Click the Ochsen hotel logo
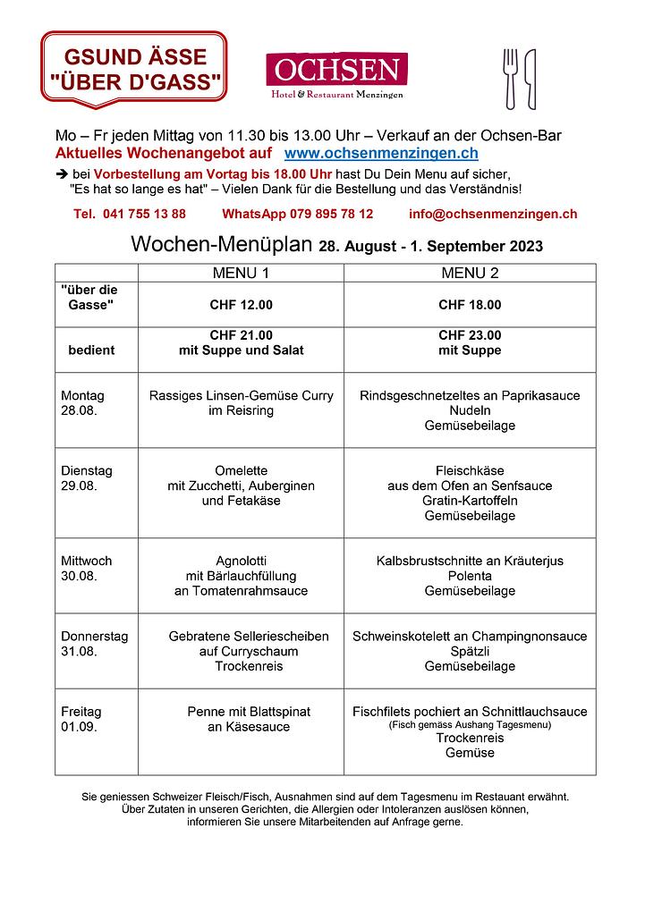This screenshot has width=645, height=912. (x=336, y=75)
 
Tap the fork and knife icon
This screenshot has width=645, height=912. (x=520, y=79)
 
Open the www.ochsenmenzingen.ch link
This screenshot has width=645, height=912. (x=381, y=154)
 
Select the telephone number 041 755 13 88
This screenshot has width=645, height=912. (x=131, y=215)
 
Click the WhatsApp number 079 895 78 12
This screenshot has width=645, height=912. (x=298, y=215)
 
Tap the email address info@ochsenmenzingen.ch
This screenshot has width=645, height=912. (x=493, y=215)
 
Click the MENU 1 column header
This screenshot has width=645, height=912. (x=241, y=273)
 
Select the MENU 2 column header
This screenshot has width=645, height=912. (x=470, y=273)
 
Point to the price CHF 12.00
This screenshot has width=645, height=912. (x=241, y=305)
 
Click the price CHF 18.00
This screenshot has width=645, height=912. (x=470, y=305)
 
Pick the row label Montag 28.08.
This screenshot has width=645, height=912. (x=82, y=403)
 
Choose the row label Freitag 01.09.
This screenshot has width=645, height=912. (x=81, y=719)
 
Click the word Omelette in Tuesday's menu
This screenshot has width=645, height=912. (x=241, y=470)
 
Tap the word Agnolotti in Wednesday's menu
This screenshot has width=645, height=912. (x=241, y=561)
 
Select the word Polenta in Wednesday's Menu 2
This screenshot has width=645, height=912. (x=470, y=576)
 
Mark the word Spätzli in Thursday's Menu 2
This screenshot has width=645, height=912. (x=470, y=651)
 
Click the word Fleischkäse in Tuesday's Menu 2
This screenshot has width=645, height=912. (x=470, y=470)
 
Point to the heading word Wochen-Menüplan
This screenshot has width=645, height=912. (x=222, y=245)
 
